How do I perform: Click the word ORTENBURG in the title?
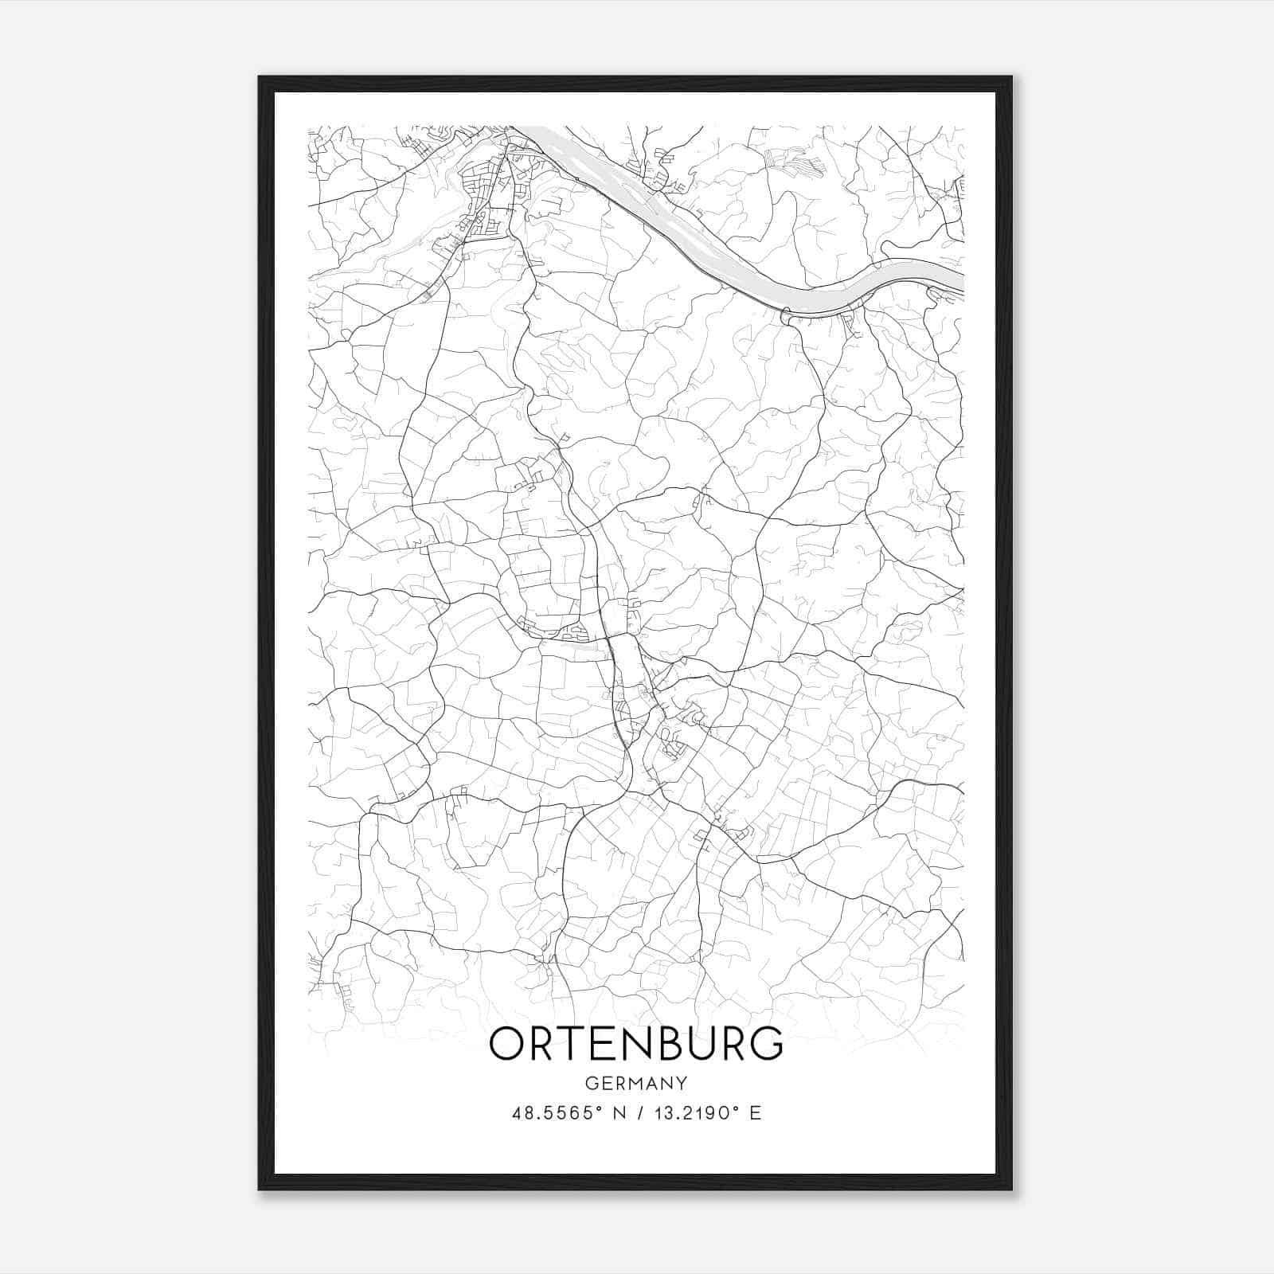pyautogui.click(x=636, y=1044)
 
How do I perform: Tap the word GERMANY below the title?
pyautogui.click(x=636, y=1083)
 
